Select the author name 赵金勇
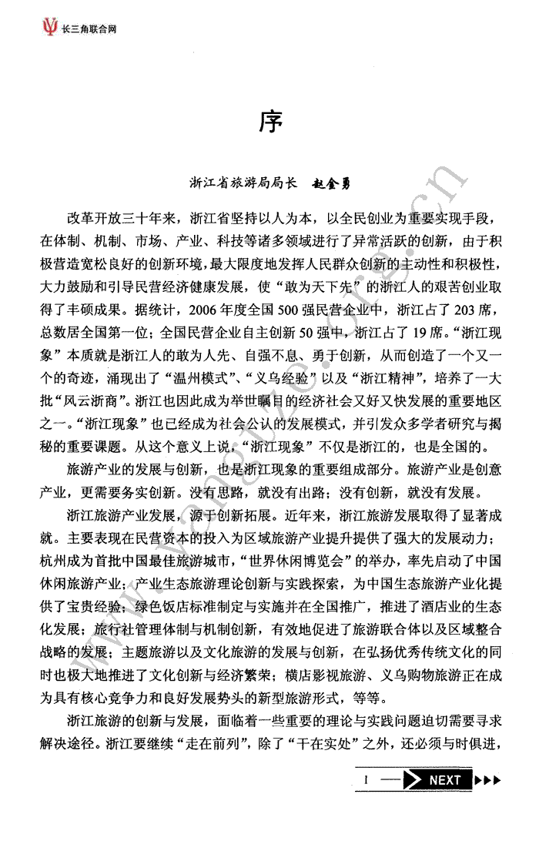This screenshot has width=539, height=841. click(x=336, y=184)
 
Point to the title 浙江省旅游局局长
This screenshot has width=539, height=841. click(x=243, y=184)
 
